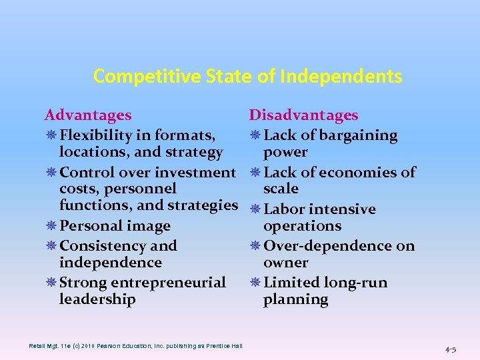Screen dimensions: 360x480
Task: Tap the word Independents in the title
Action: pyautogui.click(x=341, y=77)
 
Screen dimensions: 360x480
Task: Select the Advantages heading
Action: pyautogui.click(x=87, y=116)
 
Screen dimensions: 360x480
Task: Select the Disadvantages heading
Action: pyautogui.click(x=303, y=116)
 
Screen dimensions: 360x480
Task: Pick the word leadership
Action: pyautogui.click(x=97, y=299)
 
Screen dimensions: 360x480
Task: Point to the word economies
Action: pyautogui.click(x=360, y=173)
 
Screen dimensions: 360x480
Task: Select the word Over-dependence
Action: pyautogui.click(x=320, y=246)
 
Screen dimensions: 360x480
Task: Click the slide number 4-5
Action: pyautogui.click(x=451, y=348)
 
